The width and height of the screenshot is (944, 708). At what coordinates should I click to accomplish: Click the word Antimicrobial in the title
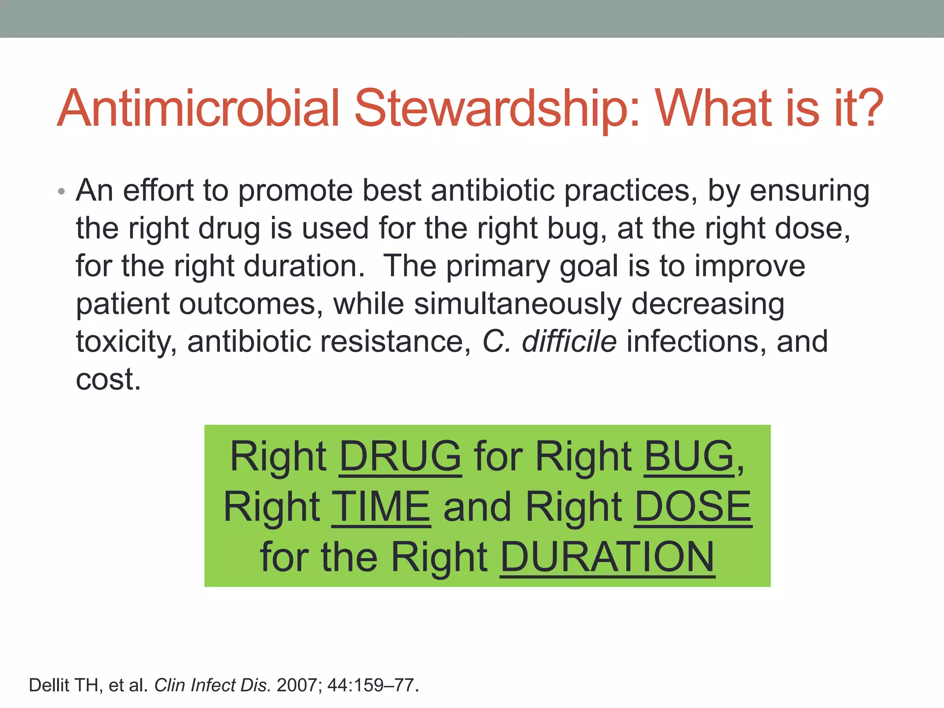point(198,109)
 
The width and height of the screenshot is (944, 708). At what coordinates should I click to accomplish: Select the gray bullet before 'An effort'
point(62,191)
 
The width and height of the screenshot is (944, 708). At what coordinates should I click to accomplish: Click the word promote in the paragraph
point(295,191)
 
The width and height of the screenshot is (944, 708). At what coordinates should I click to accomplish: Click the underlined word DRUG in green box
point(400,456)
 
